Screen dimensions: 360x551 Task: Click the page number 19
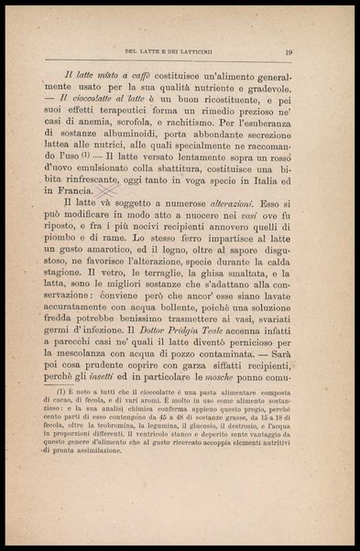point(288,52)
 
